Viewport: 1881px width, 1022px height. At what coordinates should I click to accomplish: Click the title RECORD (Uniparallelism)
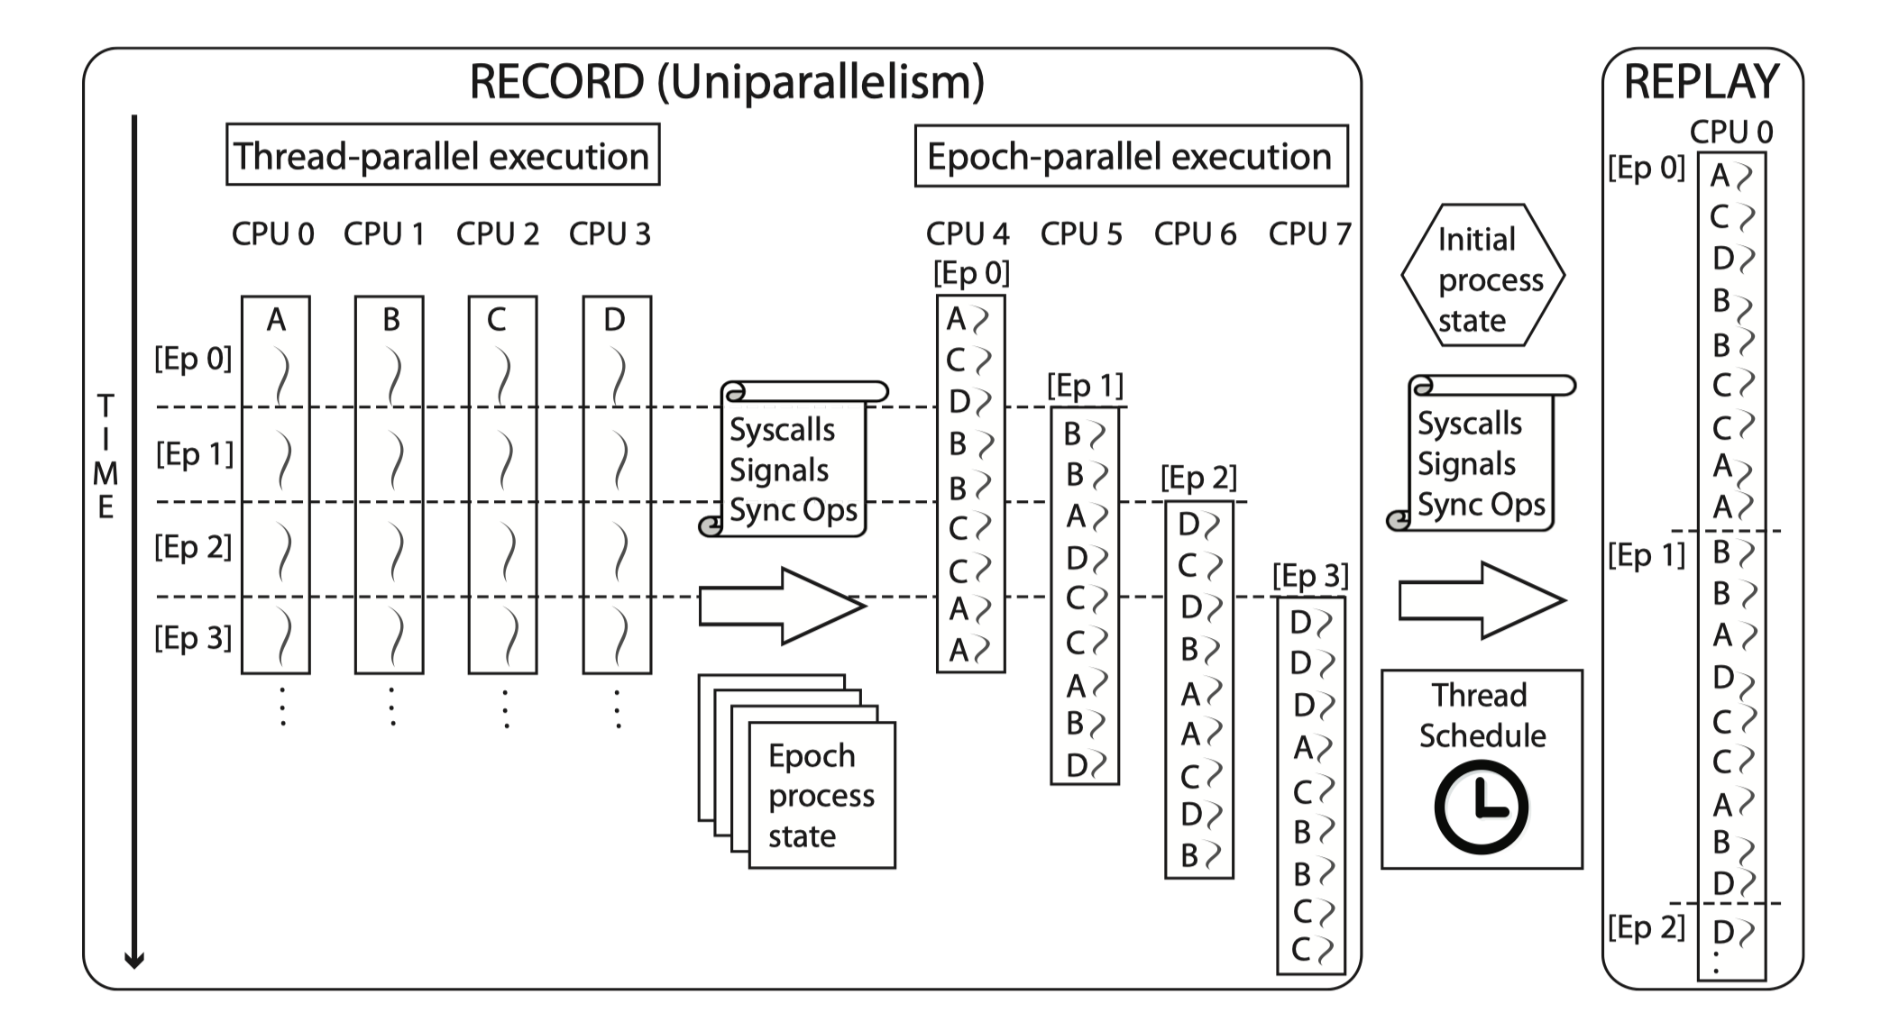pyautogui.click(x=727, y=82)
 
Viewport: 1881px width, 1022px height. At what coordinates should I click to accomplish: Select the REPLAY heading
pyautogui.click(x=1701, y=83)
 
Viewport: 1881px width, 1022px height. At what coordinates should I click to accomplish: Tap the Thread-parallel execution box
pyautogui.click(x=442, y=156)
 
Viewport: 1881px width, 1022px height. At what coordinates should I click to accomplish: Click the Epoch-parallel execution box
pyautogui.click(x=1130, y=157)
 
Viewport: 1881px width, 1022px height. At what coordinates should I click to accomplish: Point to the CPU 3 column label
pyautogui.click(x=610, y=234)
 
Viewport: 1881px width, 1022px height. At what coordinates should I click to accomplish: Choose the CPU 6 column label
pyautogui.click(x=1195, y=234)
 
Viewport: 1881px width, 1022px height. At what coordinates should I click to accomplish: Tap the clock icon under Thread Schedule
pyautogui.click(x=1481, y=808)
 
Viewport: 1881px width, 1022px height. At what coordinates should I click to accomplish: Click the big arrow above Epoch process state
pyautogui.click(x=782, y=606)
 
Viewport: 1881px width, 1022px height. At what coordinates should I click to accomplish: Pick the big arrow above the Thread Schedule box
pyautogui.click(x=1482, y=600)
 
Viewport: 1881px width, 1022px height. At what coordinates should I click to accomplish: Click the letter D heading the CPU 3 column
pyautogui.click(x=614, y=320)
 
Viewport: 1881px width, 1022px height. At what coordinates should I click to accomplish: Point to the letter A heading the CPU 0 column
pyautogui.click(x=276, y=320)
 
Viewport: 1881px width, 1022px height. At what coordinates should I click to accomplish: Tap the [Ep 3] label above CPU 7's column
pyautogui.click(x=1310, y=576)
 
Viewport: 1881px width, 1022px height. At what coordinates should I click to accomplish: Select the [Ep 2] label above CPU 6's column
pyautogui.click(x=1198, y=478)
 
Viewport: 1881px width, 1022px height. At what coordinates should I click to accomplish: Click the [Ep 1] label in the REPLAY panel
pyautogui.click(x=1646, y=555)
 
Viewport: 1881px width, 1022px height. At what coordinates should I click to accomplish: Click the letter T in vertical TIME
pyautogui.click(x=106, y=406)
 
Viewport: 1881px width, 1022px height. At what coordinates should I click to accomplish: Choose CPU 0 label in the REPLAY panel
pyautogui.click(x=1730, y=132)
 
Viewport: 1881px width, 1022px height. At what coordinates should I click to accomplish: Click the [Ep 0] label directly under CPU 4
pyautogui.click(x=971, y=273)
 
